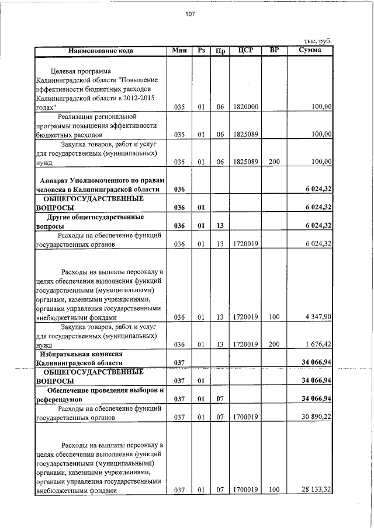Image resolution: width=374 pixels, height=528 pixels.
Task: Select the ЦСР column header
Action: coord(245,50)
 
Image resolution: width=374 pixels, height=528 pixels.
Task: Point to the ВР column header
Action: coord(274,50)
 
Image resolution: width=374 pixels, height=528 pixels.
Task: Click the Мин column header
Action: coord(179,51)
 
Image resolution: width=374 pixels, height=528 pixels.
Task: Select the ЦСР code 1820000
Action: coord(245,107)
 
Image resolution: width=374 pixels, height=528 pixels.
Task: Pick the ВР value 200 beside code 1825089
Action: coord(274,162)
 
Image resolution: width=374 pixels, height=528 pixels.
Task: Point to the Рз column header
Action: coord(201,51)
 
